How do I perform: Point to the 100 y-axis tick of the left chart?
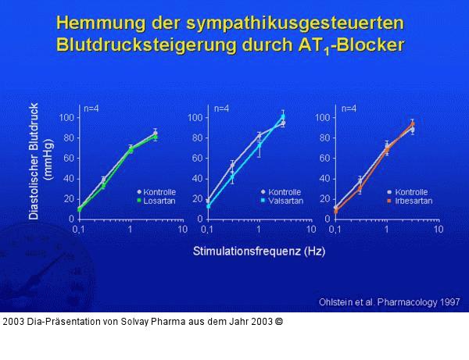point(66,118)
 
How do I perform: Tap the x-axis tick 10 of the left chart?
point(182,230)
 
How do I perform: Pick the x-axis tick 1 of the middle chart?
point(259,230)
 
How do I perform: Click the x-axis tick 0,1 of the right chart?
point(335,230)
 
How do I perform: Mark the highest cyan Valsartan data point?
point(283,117)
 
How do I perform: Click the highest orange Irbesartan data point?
point(412,124)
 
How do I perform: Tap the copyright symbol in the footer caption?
point(279,321)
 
